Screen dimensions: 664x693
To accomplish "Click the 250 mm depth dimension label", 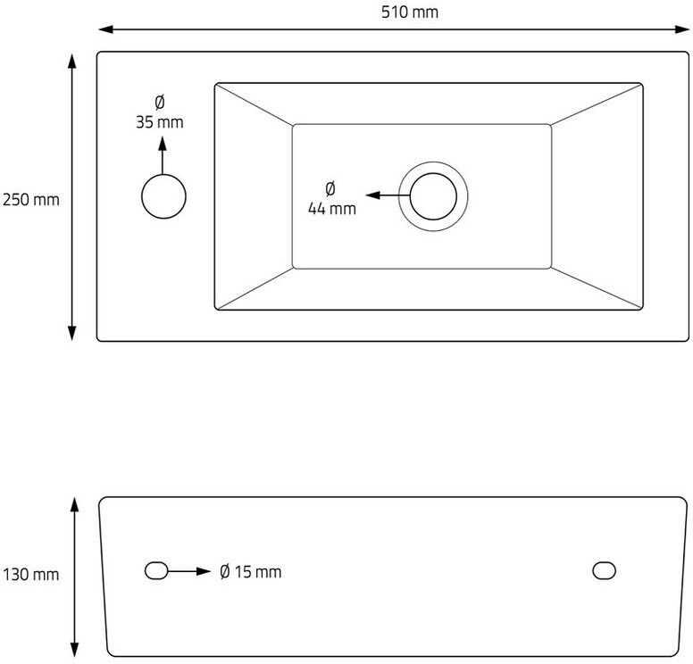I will click(30, 199).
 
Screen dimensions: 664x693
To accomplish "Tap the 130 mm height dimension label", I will click(30, 574).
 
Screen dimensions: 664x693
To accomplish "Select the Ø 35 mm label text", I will click(160, 112).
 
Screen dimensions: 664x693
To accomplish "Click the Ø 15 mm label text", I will click(251, 571).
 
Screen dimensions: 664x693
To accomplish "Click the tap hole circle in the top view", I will click(164, 196).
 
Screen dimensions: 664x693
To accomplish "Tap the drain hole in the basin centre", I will click(433, 195).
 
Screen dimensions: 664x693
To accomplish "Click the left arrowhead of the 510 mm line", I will click(104, 29).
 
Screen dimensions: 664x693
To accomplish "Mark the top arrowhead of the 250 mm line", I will click(72, 59).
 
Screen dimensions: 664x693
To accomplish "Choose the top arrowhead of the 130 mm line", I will click(74, 504).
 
